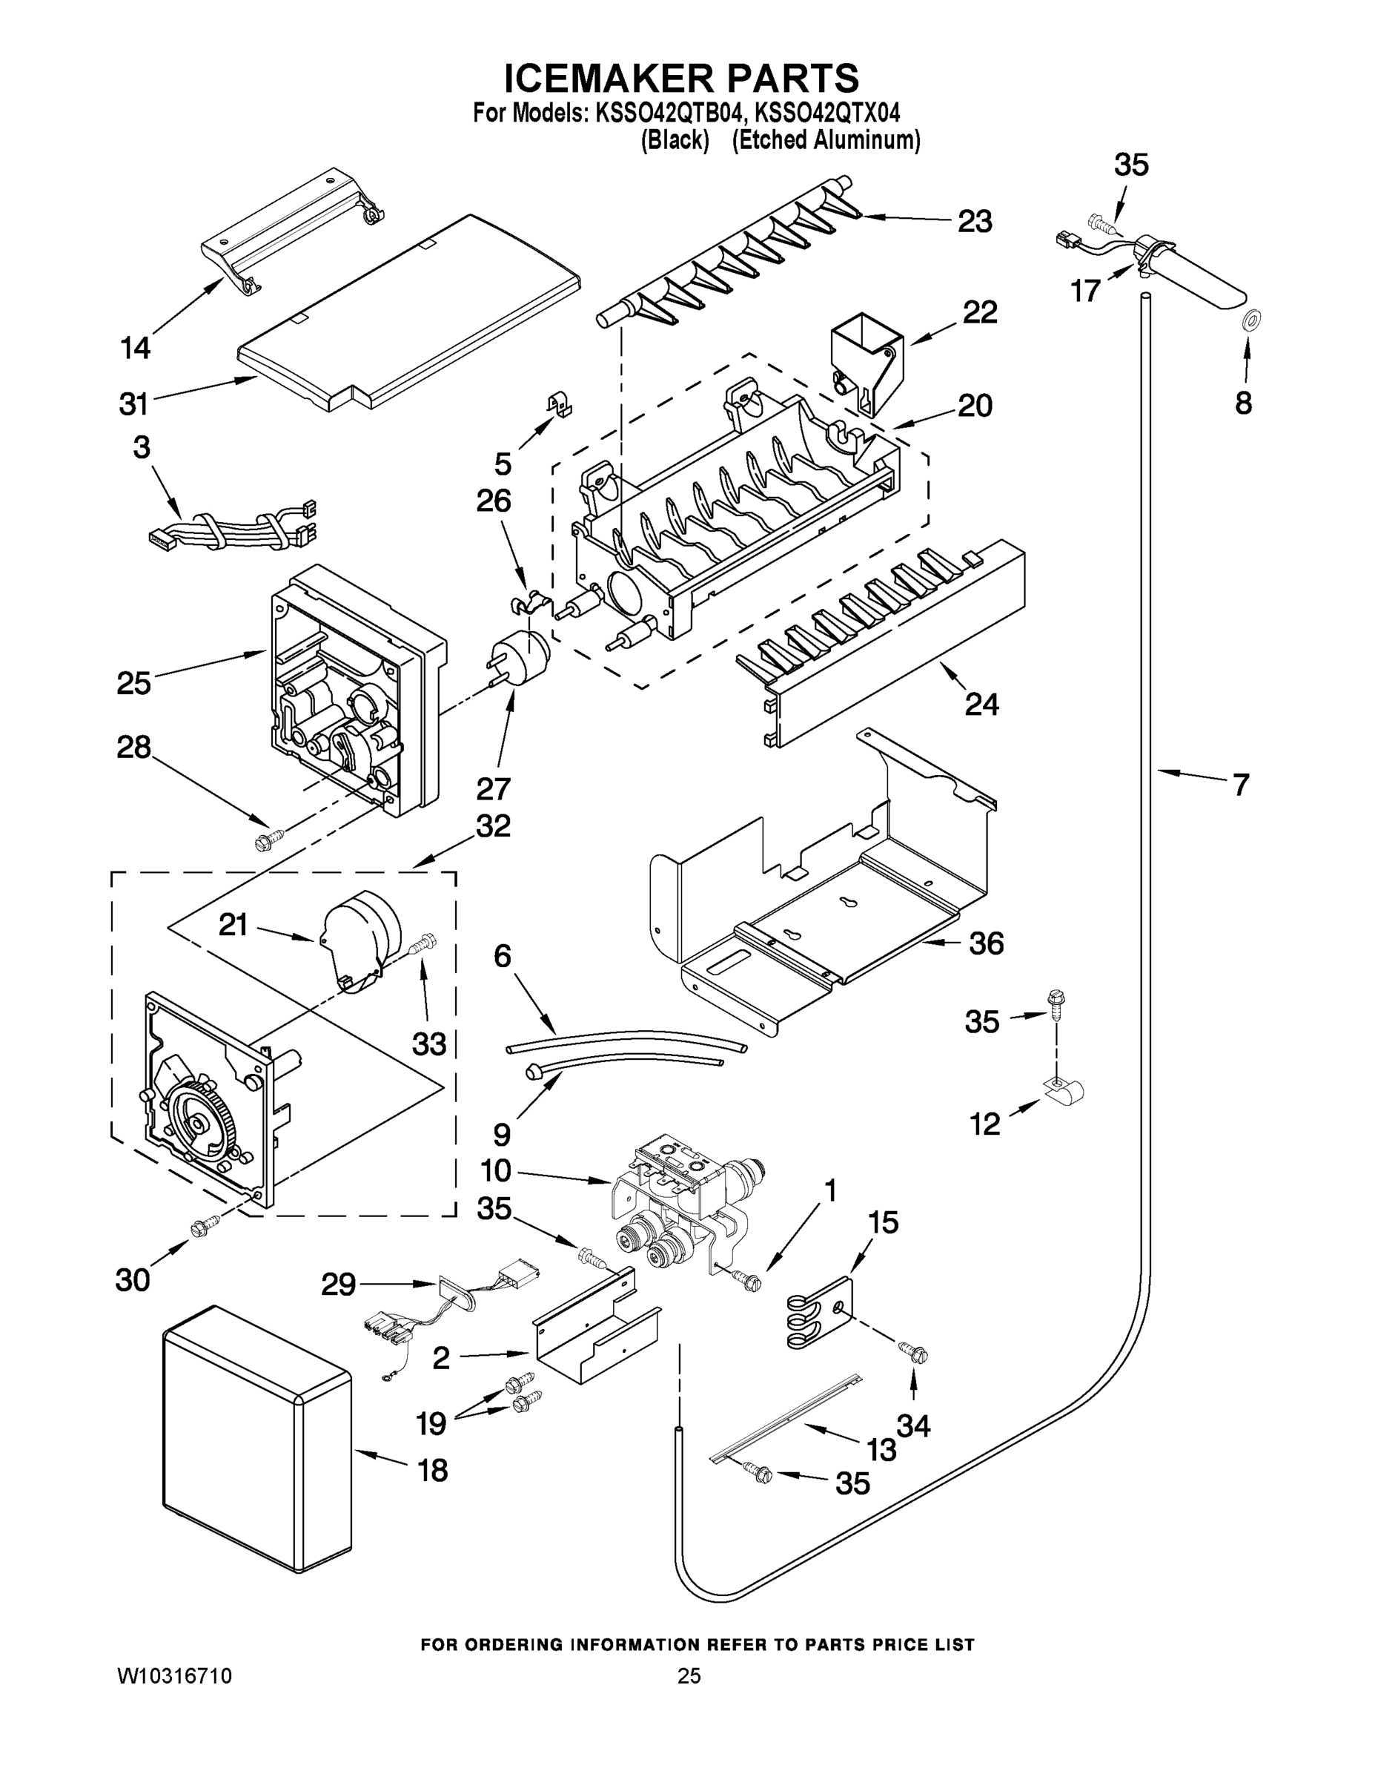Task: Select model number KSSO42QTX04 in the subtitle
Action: click(x=830, y=112)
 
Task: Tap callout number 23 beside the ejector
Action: click(x=974, y=221)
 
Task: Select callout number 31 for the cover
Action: click(x=133, y=403)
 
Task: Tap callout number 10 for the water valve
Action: click(x=495, y=1171)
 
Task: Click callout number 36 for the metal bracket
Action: click(x=986, y=944)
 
